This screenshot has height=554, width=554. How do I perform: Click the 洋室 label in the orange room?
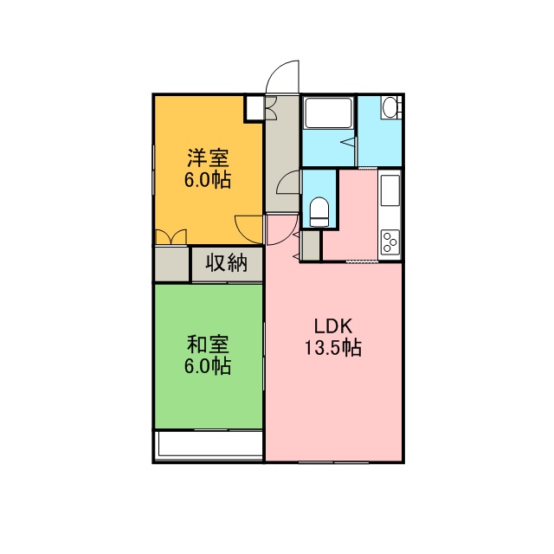click(x=208, y=158)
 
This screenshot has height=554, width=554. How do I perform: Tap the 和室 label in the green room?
click(x=208, y=345)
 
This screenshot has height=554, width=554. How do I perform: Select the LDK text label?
click(x=333, y=326)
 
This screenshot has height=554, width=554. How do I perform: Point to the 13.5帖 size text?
click(x=332, y=348)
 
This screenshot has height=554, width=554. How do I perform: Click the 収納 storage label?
click(x=227, y=263)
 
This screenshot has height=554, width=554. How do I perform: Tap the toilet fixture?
click(x=319, y=211)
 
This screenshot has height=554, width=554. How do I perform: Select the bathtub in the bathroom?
click(x=328, y=113)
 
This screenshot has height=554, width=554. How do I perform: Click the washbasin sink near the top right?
click(x=389, y=107)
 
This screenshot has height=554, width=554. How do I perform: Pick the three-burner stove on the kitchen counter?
click(x=390, y=242)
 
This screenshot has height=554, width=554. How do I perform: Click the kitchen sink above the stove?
click(x=390, y=190)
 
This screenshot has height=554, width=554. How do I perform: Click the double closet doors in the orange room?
click(x=171, y=236)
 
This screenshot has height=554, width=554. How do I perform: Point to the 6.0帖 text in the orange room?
click(x=208, y=180)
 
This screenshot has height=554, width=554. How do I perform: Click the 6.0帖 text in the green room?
click(x=208, y=366)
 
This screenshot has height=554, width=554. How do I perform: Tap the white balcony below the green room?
click(x=209, y=444)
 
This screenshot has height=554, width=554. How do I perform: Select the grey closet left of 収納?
click(x=171, y=264)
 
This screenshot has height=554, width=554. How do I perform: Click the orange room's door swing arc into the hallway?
click(x=248, y=229)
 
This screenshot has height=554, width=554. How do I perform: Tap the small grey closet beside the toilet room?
click(x=310, y=245)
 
